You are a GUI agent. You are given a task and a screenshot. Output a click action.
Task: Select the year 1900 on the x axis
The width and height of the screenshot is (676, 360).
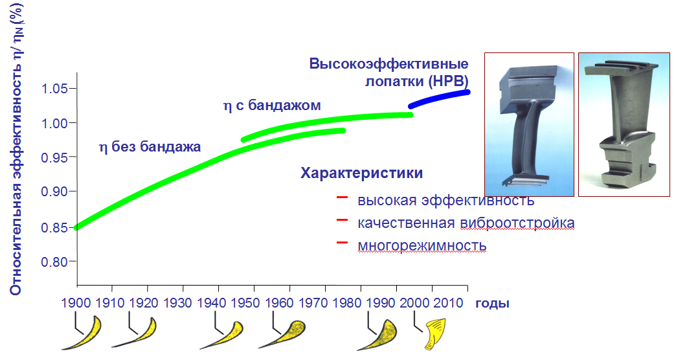(x=76, y=303)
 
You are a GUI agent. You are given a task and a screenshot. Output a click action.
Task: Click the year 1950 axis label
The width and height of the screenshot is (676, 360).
(x=245, y=303)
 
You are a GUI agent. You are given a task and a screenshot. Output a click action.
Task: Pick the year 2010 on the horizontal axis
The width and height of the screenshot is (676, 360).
(x=448, y=303)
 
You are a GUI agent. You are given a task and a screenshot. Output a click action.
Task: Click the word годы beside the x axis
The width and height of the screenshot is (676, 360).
(x=492, y=304)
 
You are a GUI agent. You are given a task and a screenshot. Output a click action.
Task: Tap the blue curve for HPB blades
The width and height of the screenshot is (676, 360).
(x=439, y=98)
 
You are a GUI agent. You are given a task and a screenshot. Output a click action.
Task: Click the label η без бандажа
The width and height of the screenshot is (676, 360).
(x=150, y=148)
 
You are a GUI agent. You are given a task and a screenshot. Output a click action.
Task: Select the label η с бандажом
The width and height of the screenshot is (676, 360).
(x=272, y=106)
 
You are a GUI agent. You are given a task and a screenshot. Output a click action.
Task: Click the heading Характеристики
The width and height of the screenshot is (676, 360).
(x=362, y=174)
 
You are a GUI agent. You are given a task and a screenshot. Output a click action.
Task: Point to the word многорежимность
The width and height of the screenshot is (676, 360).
(x=422, y=246)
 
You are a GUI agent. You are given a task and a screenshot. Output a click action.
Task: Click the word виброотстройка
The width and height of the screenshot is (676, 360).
(x=517, y=223)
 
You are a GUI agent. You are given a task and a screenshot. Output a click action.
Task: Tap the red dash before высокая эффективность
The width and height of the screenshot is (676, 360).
(x=343, y=197)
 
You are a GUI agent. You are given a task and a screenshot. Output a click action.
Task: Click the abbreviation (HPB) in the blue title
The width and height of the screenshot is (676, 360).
(x=448, y=82)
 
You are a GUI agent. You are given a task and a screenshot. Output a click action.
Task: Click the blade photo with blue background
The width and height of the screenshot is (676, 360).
(x=530, y=124)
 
